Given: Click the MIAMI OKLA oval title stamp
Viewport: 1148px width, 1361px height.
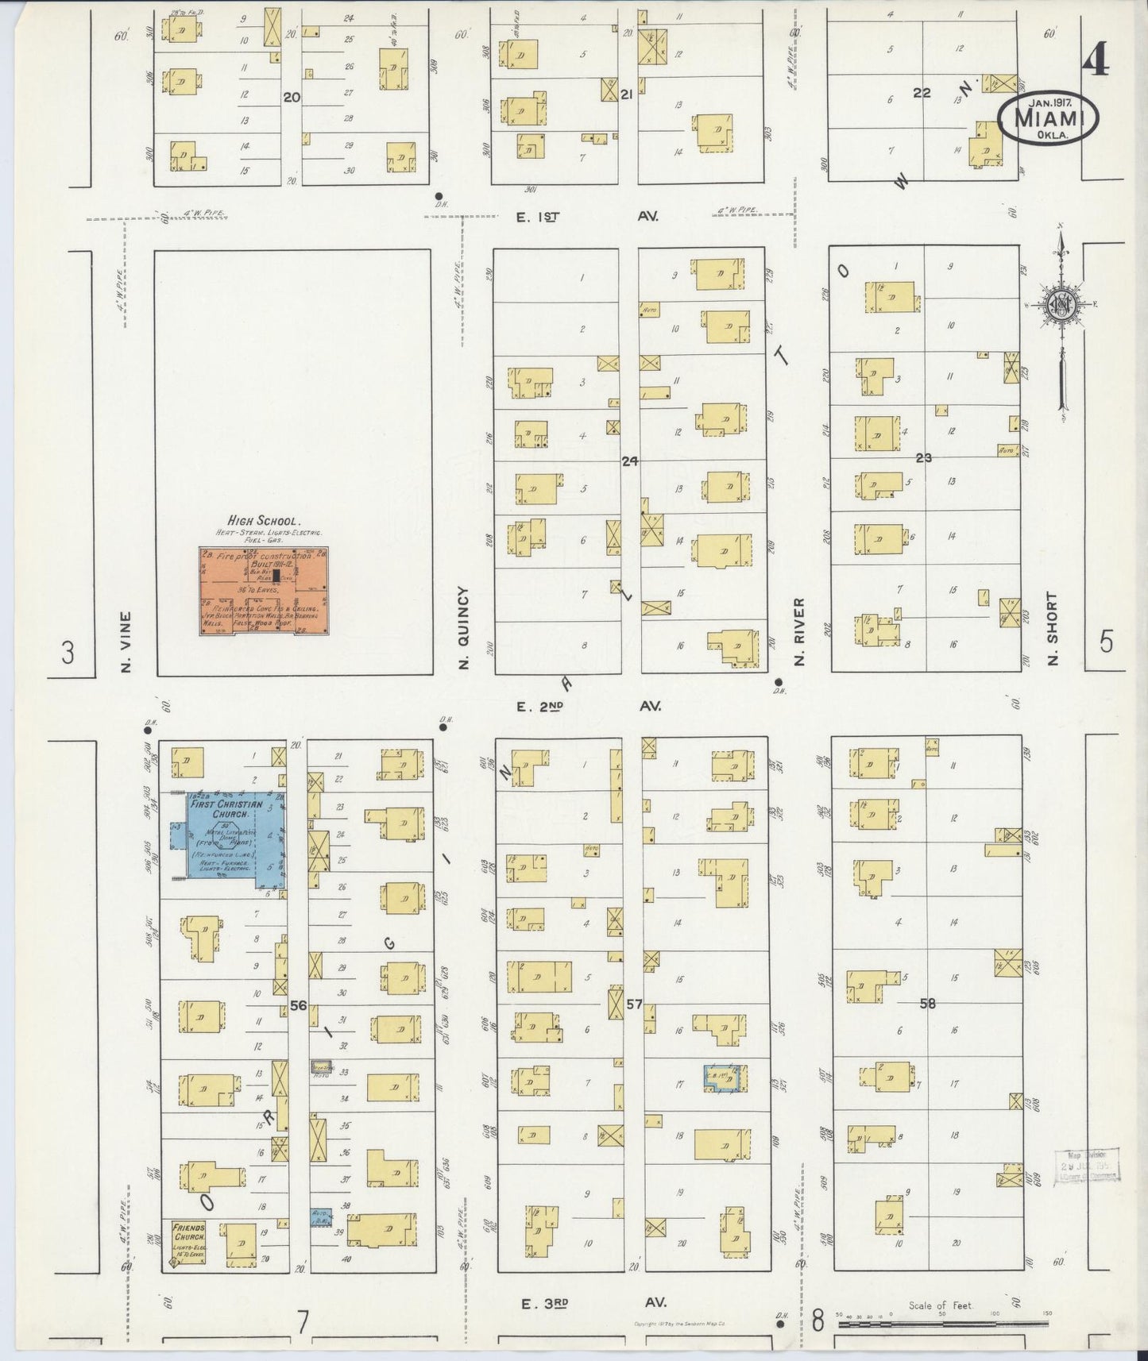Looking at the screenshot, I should (x=1049, y=120).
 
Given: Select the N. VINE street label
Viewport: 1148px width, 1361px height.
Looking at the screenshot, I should (x=126, y=641).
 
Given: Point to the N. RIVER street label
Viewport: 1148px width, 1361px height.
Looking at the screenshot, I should (x=799, y=631).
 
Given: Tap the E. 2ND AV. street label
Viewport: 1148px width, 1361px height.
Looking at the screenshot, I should (x=588, y=705).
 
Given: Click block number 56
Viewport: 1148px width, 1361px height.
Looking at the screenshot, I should (x=298, y=1005).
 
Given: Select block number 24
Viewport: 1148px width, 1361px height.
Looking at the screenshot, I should (x=630, y=461).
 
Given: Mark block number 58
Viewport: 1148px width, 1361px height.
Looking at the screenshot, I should (x=927, y=1004).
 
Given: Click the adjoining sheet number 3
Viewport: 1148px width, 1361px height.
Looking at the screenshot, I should (x=69, y=654).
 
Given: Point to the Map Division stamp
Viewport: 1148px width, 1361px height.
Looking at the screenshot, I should (x=1087, y=1166).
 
